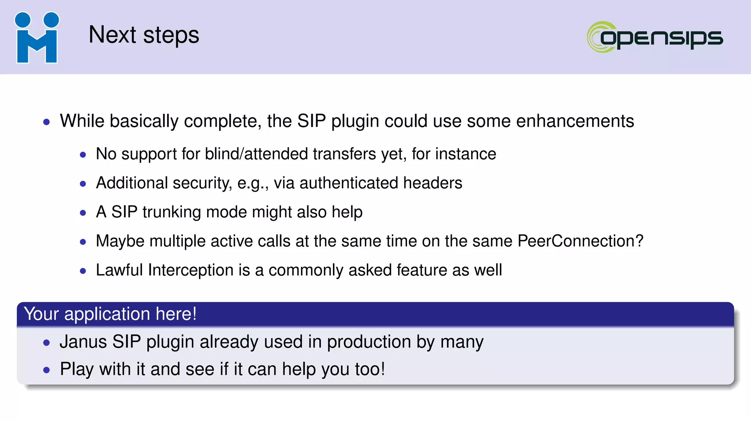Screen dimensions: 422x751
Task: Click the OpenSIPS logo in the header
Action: (x=655, y=37)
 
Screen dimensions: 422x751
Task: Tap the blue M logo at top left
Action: (x=37, y=38)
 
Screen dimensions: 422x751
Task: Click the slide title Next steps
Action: (x=144, y=35)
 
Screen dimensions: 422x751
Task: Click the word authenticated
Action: (x=348, y=183)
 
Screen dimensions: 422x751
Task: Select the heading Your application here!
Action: (x=110, y=314)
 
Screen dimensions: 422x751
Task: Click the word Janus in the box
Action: (x=83, y=341)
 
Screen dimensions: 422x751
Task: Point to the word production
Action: (x=369, y=342)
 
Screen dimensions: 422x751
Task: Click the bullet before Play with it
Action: (x=46, y=370)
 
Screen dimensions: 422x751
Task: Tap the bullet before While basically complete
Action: (x=46, y=122)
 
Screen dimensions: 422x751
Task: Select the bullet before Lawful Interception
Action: (x=83, y=271)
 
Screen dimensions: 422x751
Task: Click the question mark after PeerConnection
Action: (x=639, y=241)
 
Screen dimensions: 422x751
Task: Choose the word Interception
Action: (x=190, y=270)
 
